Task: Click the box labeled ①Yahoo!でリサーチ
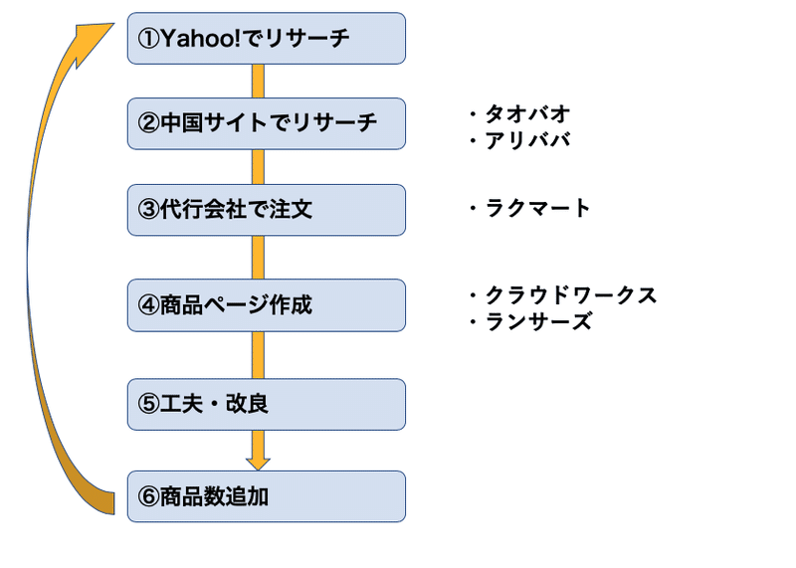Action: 266,39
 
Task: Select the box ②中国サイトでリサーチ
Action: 266,124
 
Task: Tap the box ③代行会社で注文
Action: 266,210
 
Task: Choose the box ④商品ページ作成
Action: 266,305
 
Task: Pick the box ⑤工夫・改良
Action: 266,405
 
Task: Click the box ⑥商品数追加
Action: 266,496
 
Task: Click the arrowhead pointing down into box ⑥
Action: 258,464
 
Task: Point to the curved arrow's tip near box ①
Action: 113,23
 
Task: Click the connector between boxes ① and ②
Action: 258,82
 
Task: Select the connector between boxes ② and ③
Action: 258,167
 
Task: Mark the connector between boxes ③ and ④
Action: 258,258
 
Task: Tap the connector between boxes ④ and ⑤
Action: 258,355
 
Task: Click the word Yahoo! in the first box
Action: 201,38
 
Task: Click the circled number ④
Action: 148,305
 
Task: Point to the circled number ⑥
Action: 148,497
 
